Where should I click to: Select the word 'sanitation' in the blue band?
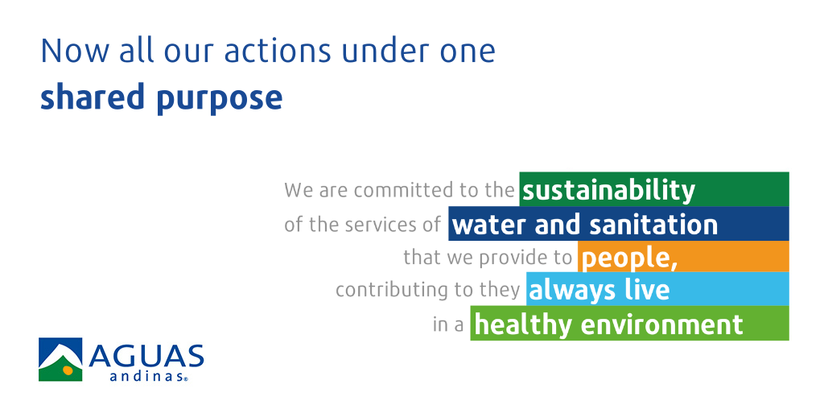click(x=653, y=225)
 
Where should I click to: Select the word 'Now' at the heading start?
click(x=75, y=51)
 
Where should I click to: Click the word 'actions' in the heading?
click(x=278, y=51)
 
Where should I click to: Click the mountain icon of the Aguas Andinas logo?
click(x=60, y=359)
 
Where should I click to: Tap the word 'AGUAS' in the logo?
click(x=146, y=357)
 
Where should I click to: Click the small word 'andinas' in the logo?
click(x=146, y=376)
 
